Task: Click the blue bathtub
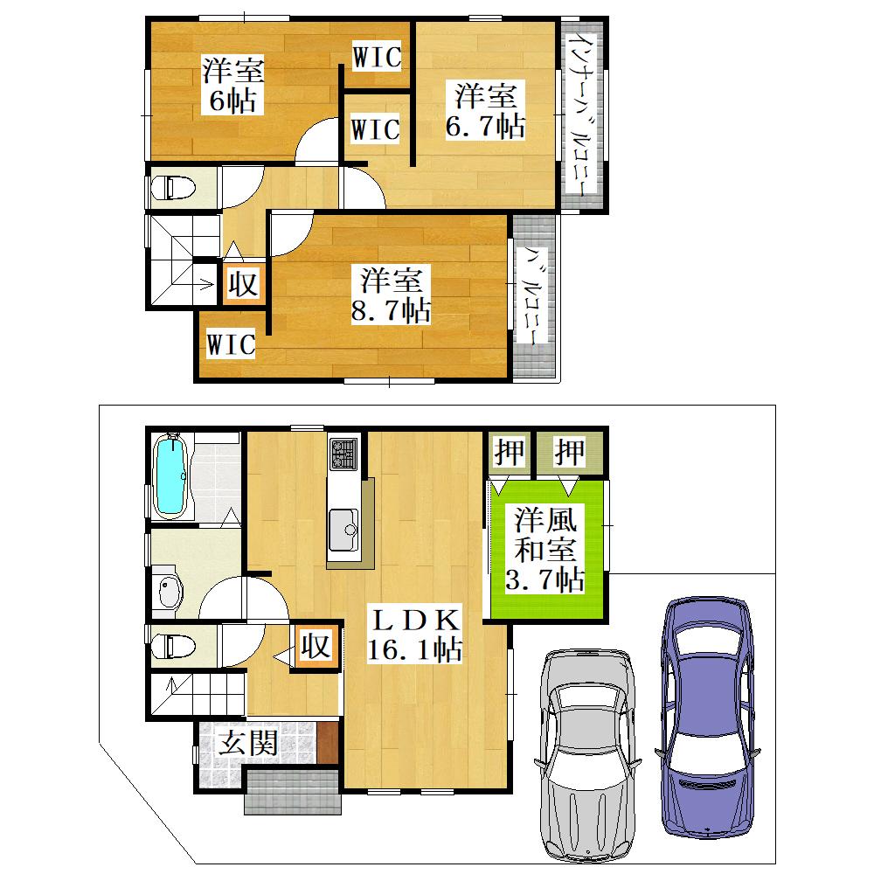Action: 171,475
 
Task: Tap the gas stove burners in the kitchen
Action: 343,453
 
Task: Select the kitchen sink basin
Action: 343,529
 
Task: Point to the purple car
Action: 708,718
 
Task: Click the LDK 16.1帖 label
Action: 414,635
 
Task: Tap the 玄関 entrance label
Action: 247,742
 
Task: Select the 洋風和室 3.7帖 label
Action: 545,549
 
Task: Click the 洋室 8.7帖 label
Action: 391,295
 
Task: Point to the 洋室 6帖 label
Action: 233,85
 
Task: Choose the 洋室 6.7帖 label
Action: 485,110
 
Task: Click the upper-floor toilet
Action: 173,188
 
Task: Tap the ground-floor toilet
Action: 173,646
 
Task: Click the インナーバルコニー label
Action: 582,116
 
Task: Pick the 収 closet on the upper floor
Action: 243,284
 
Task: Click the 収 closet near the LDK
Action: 316,647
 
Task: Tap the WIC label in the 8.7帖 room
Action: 231,343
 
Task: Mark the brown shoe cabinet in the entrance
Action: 328,742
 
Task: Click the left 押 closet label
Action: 510,452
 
